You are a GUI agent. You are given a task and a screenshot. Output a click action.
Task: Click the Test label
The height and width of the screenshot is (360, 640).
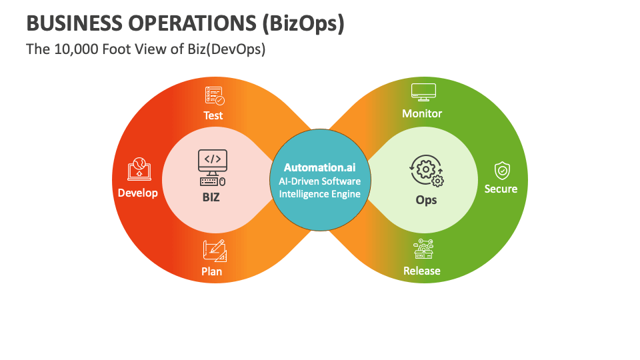click(213, 115)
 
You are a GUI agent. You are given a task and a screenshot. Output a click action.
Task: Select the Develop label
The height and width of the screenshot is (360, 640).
click(138, 193)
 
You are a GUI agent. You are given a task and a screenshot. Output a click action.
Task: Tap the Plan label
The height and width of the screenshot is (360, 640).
click(212, 271)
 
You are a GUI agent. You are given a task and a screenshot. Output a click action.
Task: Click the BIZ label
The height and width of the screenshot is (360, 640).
click(211, 197)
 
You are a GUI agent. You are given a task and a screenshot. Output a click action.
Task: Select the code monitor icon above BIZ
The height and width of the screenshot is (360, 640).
click(213, 167)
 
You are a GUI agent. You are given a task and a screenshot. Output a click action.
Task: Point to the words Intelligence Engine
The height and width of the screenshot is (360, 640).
click(320, 194)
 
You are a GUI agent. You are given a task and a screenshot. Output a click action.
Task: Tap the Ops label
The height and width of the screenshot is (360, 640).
click(427, 199)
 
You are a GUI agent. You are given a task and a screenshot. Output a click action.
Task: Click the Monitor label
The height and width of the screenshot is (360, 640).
click(422, 113)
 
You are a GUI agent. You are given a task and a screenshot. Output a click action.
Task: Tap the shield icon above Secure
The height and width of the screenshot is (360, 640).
click(501, 171)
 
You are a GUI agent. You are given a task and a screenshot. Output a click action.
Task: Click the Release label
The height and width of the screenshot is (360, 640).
click(422, 271)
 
